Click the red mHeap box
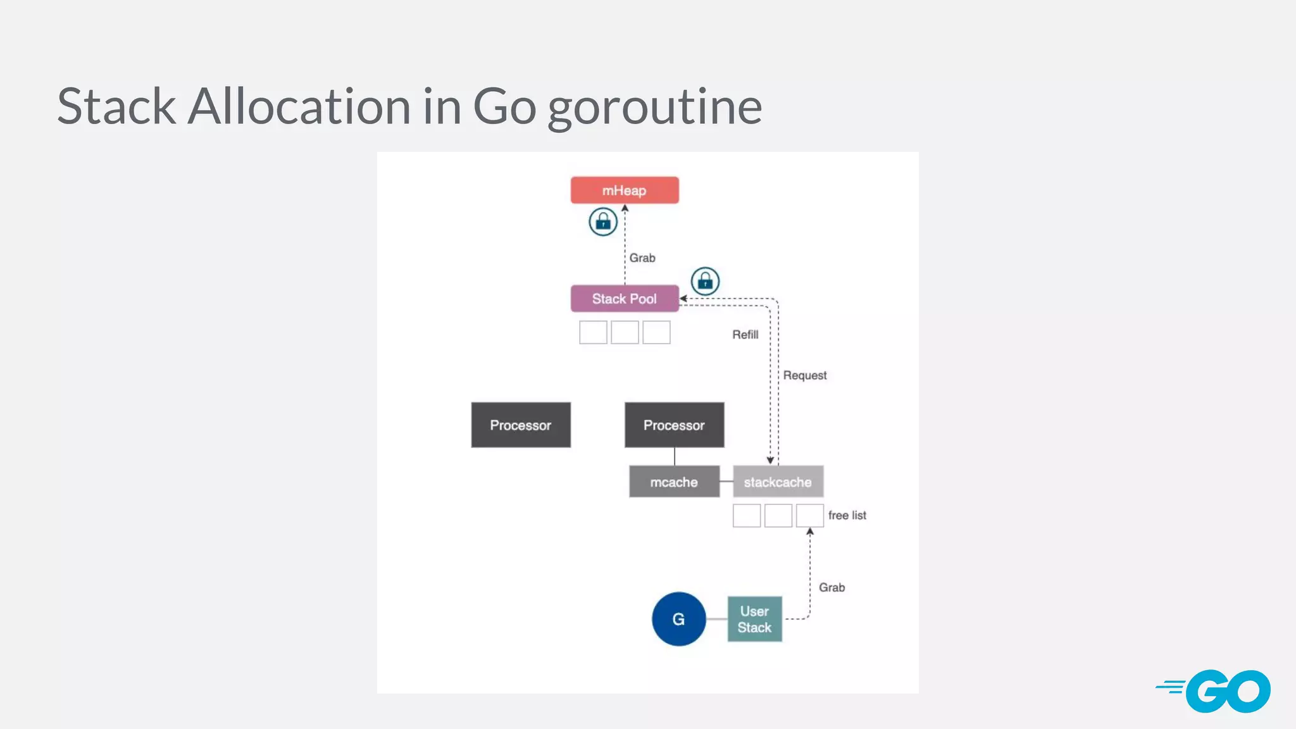[625, 190]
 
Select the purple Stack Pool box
[625, 299]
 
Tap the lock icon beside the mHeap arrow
[603, 222]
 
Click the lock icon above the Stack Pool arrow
[705, 281]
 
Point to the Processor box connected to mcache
[674, 425]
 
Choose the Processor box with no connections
[521, 425]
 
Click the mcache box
[674, 482]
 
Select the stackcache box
[778, 482]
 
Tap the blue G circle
[678, 619]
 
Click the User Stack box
[754, 619]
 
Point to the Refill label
[745, 334]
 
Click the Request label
[804, 375]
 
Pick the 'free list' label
[847, 515]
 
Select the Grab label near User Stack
[832, 587]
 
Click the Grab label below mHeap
[642, 258]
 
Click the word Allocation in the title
[299, 106]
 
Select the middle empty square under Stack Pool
[625, 332]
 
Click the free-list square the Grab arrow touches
[809, 515]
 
